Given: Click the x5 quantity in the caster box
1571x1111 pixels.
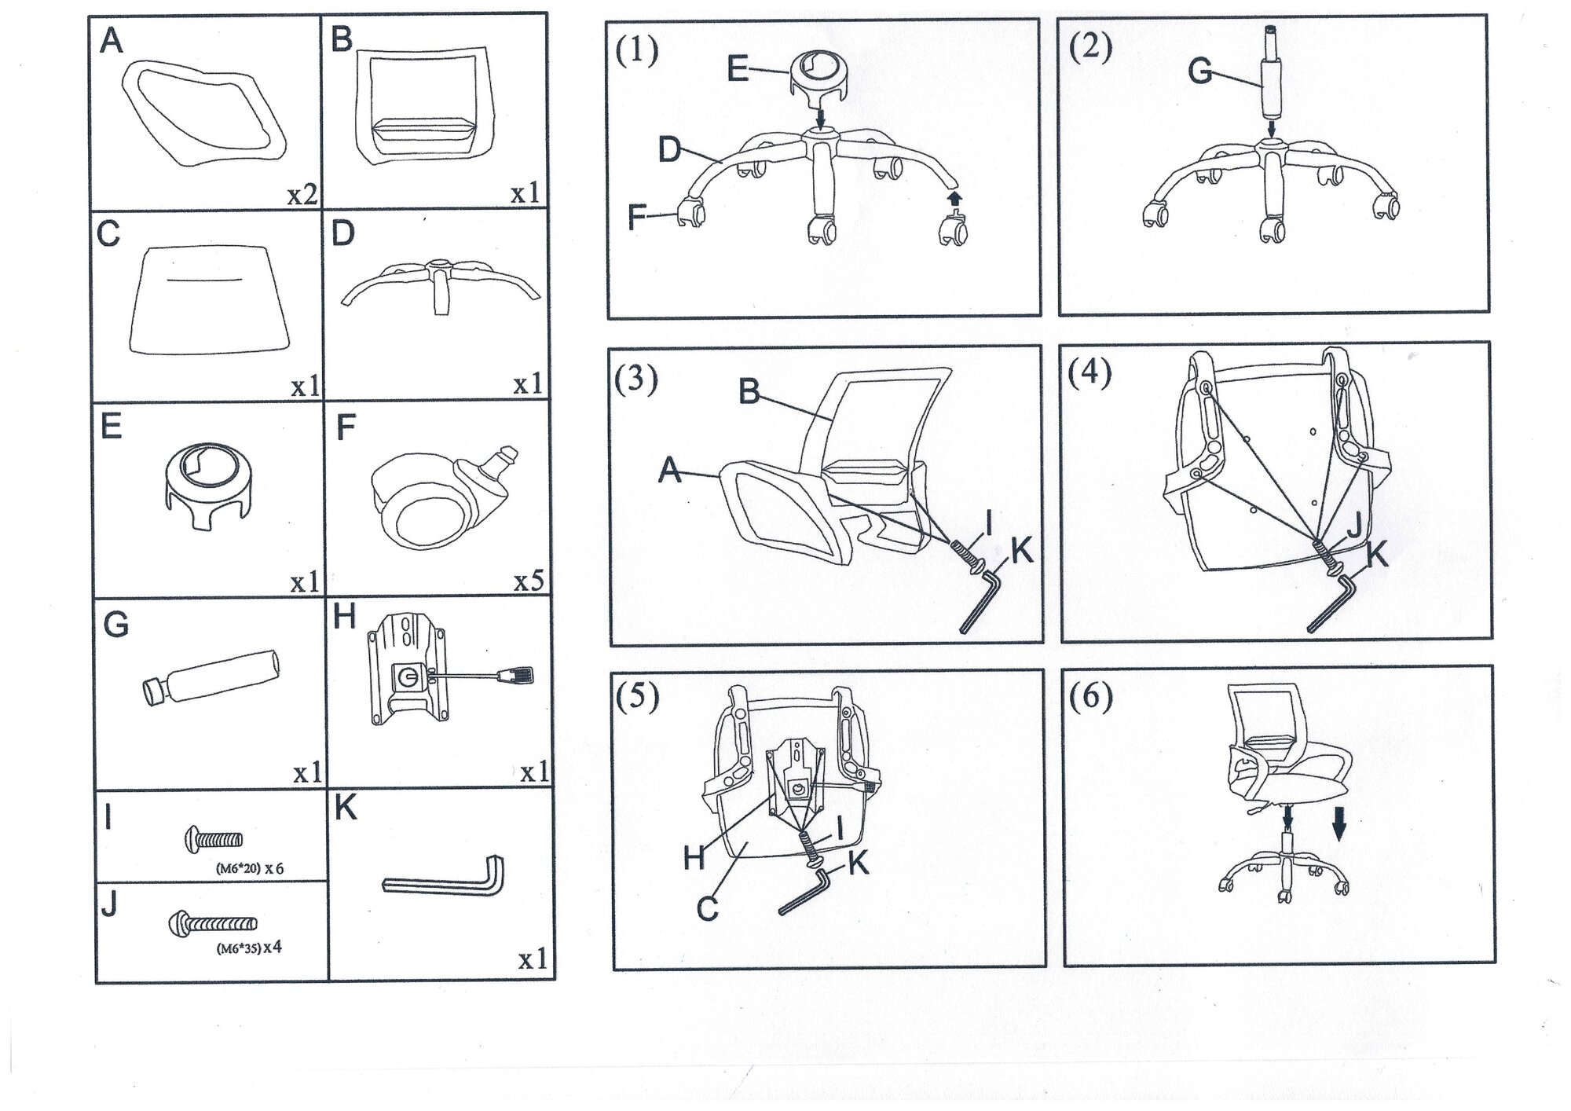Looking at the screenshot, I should [529, 581].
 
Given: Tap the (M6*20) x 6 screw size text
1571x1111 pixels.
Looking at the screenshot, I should [249, 869].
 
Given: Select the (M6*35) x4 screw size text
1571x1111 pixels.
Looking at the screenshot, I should [248, 948].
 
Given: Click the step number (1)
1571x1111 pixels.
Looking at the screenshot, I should [636, 52].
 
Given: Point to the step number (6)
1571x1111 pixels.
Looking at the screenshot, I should [1091, 697].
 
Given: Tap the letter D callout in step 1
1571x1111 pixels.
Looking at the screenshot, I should [669, 149].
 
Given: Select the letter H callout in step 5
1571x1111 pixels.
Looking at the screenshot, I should [694, 858].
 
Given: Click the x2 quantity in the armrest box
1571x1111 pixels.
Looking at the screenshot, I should [302, 194].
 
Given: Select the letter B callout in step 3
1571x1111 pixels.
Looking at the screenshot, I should [749, 391].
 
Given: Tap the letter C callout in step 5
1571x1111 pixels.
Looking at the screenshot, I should [707, 909].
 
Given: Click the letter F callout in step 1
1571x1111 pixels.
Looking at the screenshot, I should [637, 217].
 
